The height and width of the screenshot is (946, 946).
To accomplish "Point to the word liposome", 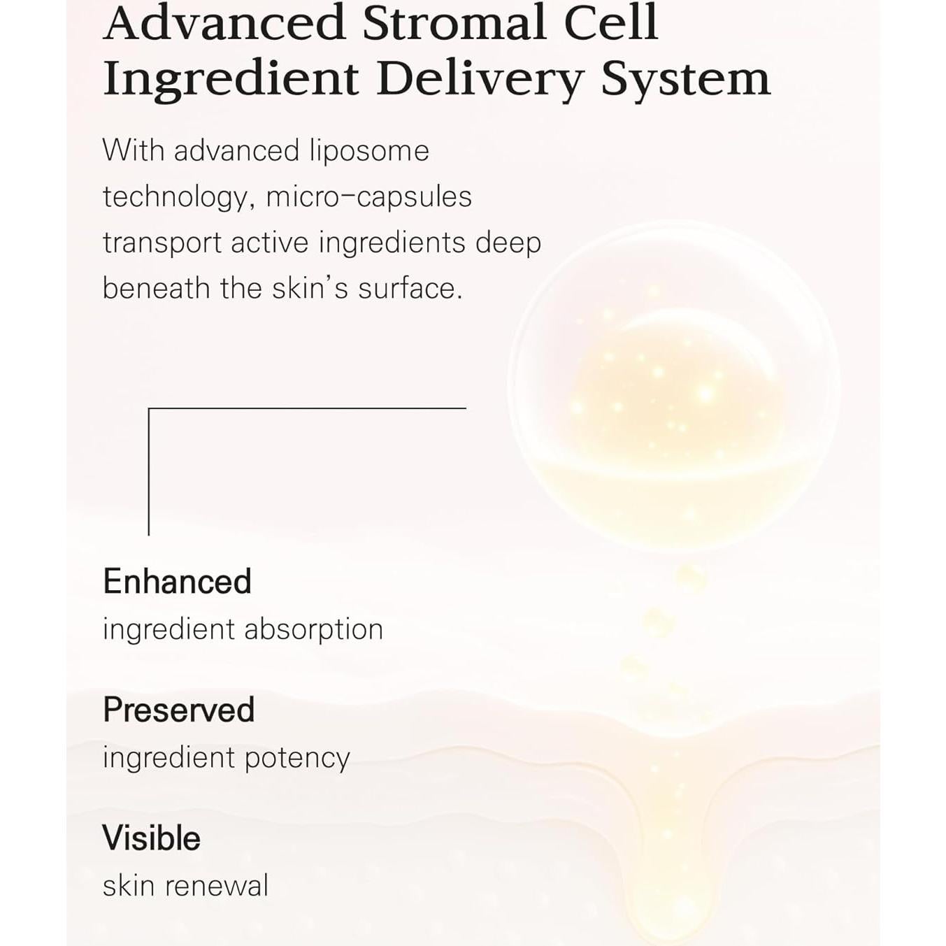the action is (369, 151).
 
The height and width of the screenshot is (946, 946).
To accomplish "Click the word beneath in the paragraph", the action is (156, 288).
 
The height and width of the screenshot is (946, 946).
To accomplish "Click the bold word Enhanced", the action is (177, 582).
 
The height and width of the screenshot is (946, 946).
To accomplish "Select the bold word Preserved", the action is (179, 710).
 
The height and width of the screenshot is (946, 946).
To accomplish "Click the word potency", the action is (297, 759).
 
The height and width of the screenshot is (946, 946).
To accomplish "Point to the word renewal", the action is (217, 887).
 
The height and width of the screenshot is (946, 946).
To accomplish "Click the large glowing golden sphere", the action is (673, 388).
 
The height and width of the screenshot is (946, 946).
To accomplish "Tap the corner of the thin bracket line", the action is (149, 408).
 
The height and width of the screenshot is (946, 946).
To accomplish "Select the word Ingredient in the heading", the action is (231, 80).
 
